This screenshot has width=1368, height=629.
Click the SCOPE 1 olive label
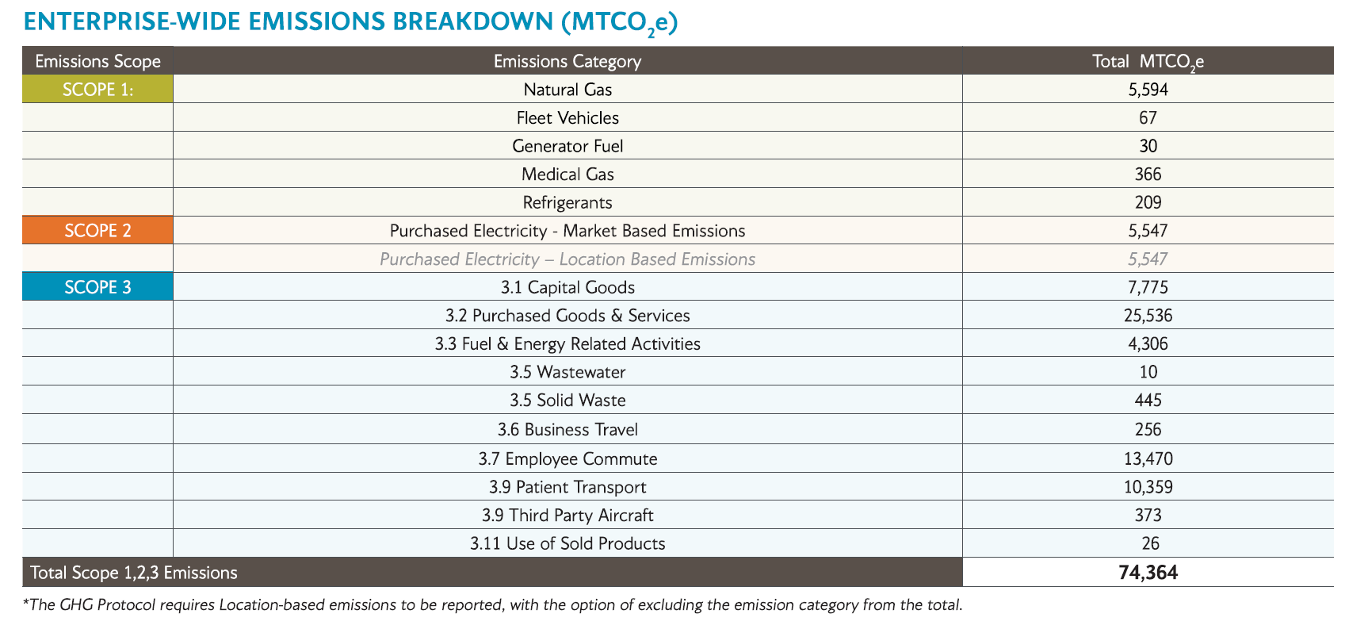(x=97, y=90)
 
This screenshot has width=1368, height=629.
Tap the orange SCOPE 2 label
(x=97, y=231)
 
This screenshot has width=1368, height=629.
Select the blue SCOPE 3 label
(x=97, y=287)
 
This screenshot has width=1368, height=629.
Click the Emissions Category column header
(x=567, y=61)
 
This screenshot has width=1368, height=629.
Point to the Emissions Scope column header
(x=97, y=61)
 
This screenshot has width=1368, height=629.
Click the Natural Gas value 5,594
(x=1148, y=90)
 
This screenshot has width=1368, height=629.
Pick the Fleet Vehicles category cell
(x=567, y=118)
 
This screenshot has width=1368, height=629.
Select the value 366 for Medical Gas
(x=1148, y=175)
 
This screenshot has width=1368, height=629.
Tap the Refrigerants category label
(x=567, y=202)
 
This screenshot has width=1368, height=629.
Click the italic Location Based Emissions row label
(x=567, y=259)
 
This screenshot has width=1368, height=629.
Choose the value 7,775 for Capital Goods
(x=1148, y=287)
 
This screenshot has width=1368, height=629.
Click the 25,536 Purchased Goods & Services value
(x=1148, y=316)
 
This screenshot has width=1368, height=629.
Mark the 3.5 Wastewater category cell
(x=567, y=372)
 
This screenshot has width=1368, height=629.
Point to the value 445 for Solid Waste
(x=1148, y=401)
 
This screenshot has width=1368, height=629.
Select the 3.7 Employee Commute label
(x=567, y=458)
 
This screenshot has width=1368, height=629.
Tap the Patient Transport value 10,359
(x=1148, y=487)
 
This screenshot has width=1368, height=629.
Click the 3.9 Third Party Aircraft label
(x=567, y=516)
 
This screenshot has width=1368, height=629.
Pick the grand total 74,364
(x=1148, y=573)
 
